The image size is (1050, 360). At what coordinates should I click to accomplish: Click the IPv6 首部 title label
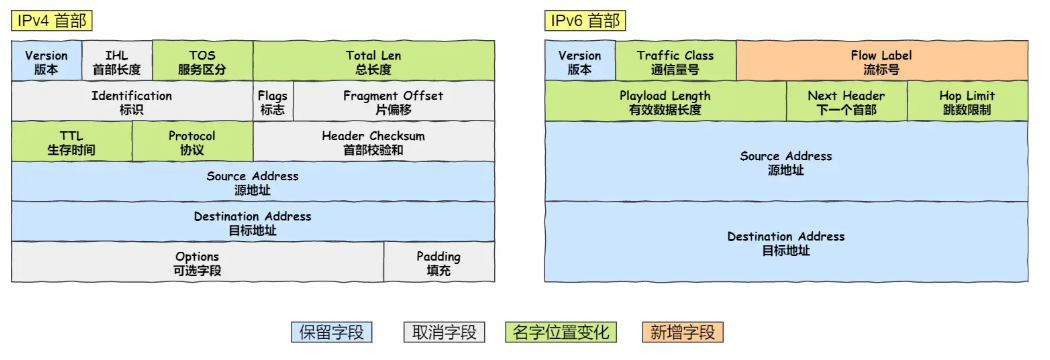[587, 20]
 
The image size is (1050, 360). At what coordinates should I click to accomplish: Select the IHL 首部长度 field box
[116, 62]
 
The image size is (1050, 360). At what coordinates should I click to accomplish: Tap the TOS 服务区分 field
[202, 62]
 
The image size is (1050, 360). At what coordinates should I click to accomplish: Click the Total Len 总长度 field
[373, 62]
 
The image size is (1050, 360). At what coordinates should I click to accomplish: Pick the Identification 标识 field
[131, 102]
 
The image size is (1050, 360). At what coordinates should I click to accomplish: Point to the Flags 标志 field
[272, 102]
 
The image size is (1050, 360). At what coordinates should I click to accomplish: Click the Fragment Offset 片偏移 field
[392, 102]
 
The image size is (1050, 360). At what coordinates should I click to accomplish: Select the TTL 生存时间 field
[71, 142]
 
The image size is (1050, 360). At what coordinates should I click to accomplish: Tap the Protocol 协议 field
[191, 142]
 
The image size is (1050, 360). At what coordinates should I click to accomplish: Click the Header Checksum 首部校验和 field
[373, 142]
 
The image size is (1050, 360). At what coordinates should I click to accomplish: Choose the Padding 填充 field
[438, 263]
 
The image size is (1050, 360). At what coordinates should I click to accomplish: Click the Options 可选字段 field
[197, 263]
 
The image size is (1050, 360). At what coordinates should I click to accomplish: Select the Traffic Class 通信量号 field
[675, 62]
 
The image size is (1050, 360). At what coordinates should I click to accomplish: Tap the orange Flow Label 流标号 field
[881, 62]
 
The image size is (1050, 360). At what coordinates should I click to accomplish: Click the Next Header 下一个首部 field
[846, 102]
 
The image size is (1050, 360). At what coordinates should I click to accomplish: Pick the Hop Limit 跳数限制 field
[966, 102]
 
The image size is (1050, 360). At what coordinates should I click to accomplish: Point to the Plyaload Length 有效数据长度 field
[665, 102]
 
